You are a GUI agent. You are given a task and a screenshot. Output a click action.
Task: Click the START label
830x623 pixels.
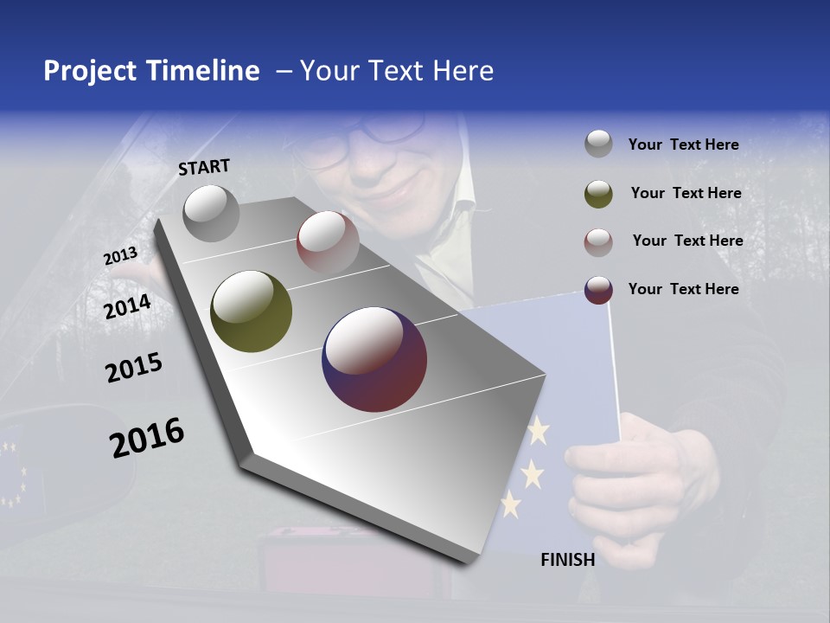point(204,167)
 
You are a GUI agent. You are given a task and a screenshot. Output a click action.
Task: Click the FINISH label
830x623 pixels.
point(567,560)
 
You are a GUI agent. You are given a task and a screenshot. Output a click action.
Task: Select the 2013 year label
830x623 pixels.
point(120,255)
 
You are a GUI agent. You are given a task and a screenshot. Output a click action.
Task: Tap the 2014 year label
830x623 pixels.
point(128,307)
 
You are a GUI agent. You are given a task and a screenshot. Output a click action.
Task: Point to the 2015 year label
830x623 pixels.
point(134,368)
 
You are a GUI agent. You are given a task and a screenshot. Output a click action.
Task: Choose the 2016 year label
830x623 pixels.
point(147,438)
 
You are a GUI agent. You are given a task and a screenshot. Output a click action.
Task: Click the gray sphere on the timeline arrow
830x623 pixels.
point(211,213)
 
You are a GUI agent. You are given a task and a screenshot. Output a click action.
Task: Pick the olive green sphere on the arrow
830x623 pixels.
point(251,311)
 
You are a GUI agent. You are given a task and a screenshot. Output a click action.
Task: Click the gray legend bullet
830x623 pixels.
point(598,144)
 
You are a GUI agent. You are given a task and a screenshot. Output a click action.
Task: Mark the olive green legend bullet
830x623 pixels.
point(598,193)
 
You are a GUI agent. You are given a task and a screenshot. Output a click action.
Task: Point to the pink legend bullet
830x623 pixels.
point(598,241)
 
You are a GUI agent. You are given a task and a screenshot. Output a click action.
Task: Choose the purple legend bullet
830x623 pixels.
point(598,290)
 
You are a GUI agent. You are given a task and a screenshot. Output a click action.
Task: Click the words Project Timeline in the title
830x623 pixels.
point(151,71)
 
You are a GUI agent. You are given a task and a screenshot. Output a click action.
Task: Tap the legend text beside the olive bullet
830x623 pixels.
point(686,193)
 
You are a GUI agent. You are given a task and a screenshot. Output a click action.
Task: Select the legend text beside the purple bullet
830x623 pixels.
point(683,289)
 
